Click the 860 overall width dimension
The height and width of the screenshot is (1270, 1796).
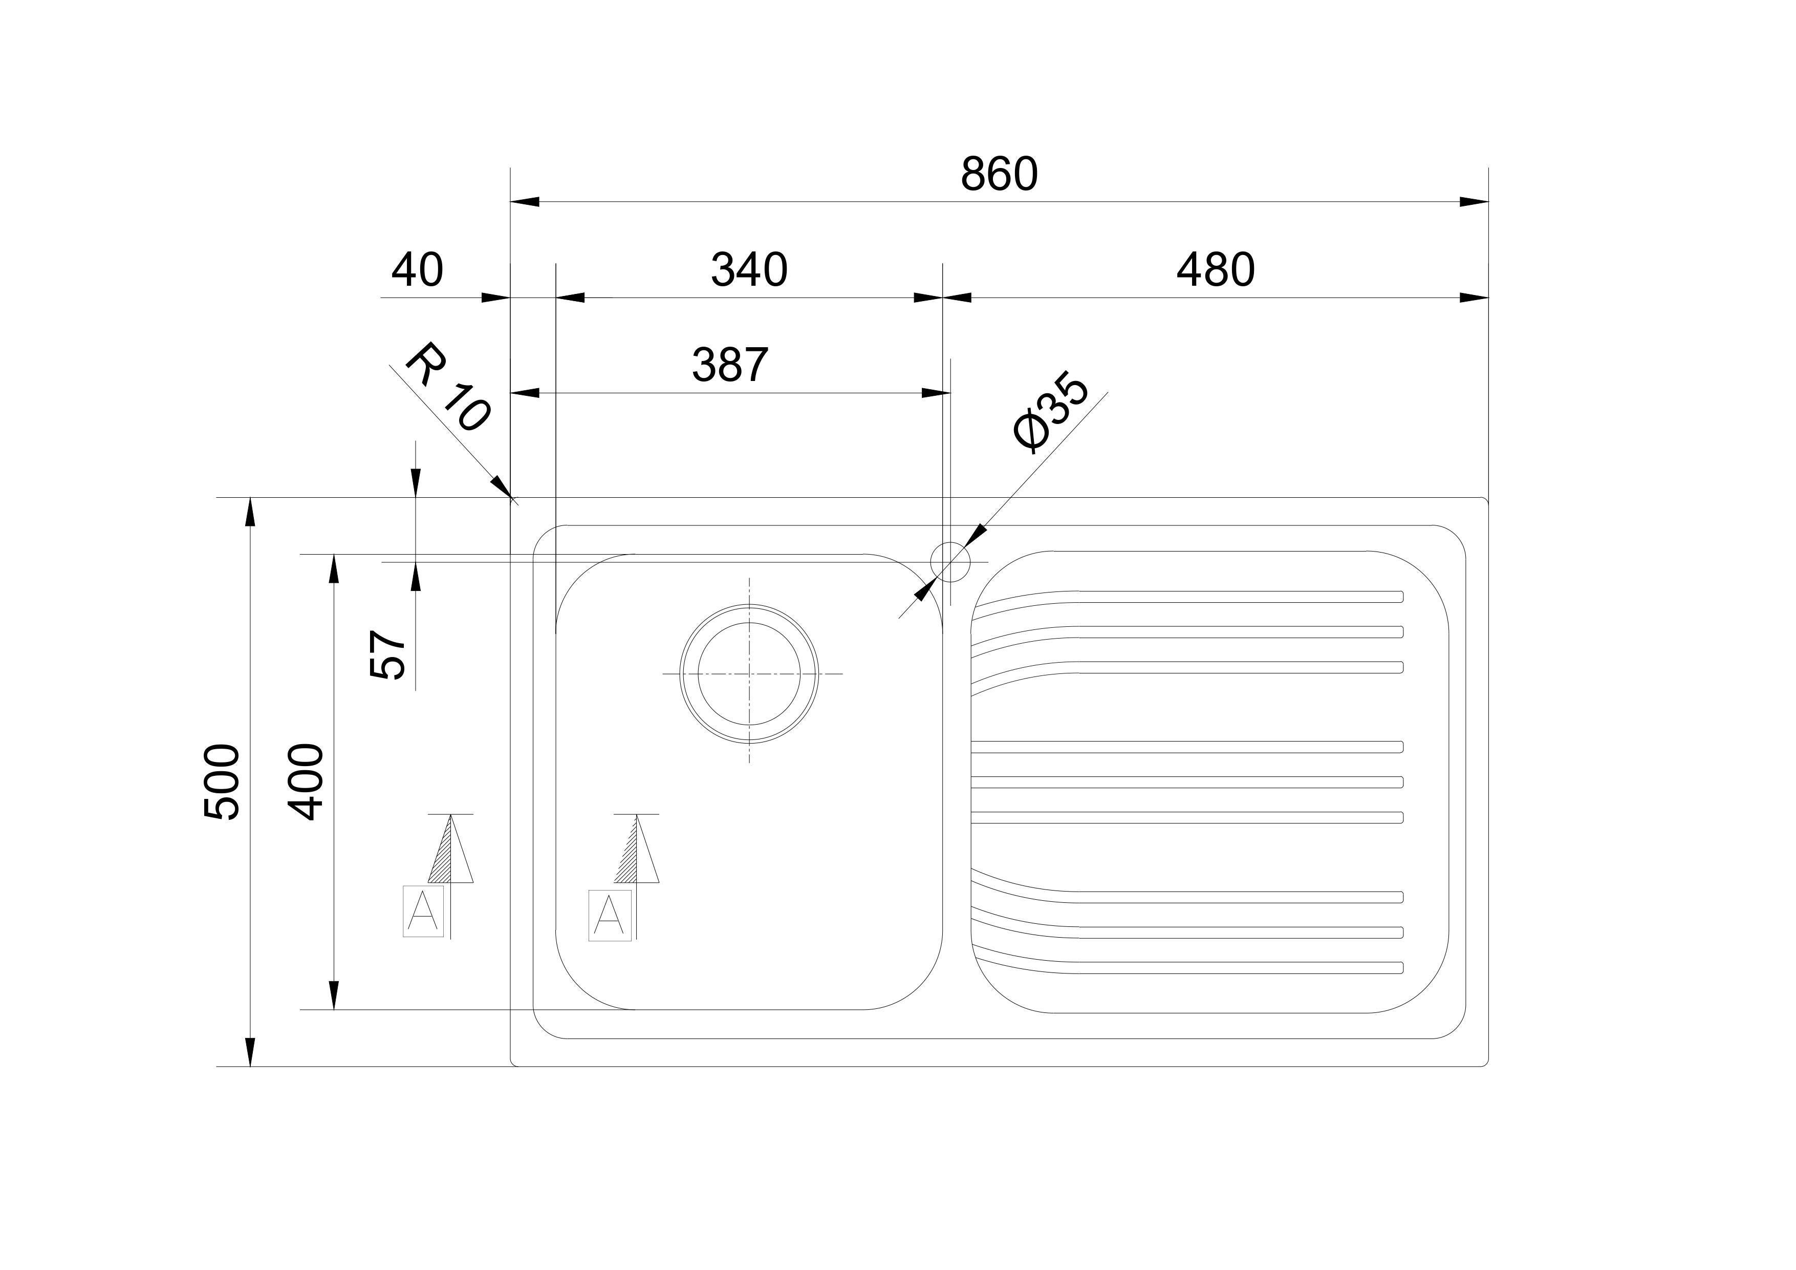click(x=999, y=174)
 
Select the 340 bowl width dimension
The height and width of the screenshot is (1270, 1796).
click(x=749, y=270)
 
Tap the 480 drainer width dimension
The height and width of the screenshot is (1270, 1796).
click(x=1216, y=270)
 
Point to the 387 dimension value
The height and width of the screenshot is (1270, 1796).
click(x=730, y=365)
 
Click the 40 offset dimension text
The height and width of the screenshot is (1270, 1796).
click(x=417, y=270)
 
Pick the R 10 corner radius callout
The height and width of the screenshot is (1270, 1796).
click(x=447, y=387)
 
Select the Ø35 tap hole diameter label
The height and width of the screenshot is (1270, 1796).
click(x=1051, y=415)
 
